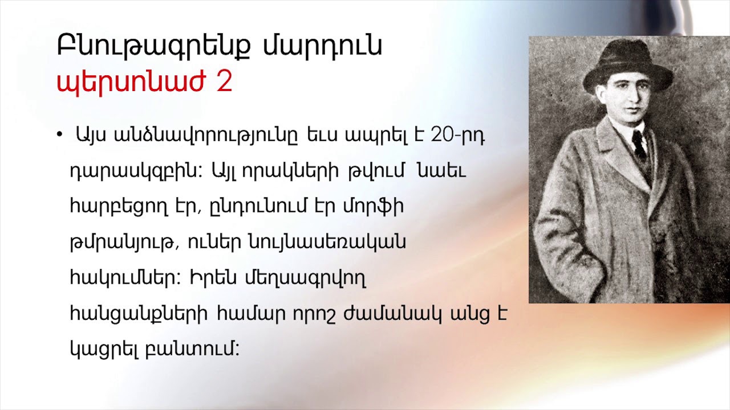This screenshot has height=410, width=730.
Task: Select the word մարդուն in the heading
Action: coord(323,47)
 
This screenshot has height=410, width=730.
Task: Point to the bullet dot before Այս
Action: coord(59,135)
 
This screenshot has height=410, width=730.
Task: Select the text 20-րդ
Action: coord(458,136)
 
